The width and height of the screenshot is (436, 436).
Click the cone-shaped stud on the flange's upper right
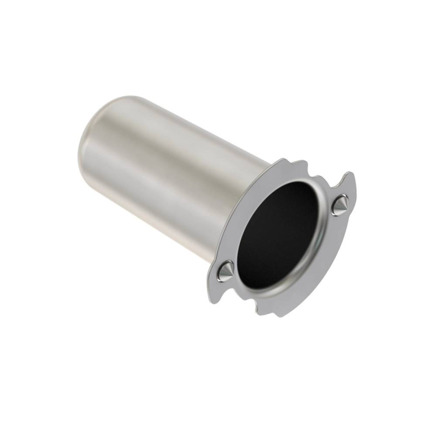coord(340,205)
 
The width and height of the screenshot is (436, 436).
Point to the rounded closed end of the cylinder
coord(93,134)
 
